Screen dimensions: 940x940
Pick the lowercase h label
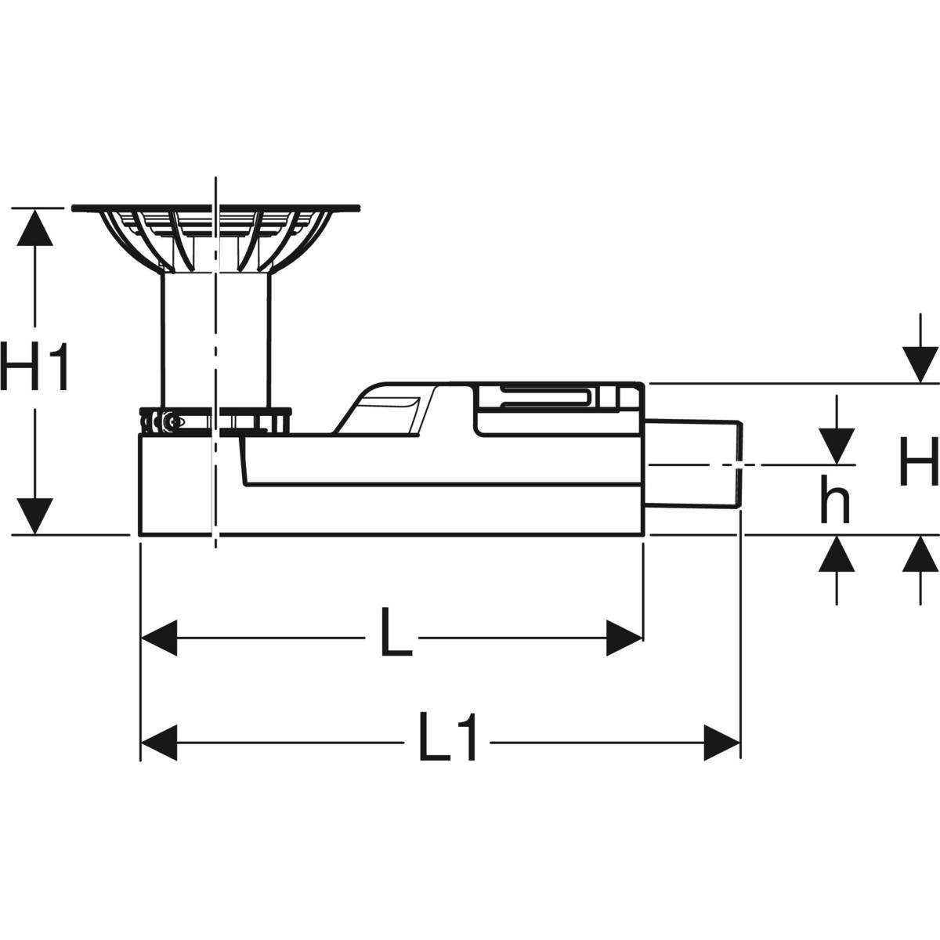coord(835,501)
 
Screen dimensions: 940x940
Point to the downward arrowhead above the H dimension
coord(920,363)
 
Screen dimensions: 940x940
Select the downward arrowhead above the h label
coord(836,444)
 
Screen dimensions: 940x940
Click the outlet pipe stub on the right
coord(692,465)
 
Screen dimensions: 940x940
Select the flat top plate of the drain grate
coord(215,208)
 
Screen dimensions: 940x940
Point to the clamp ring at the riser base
coord(215,420)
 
